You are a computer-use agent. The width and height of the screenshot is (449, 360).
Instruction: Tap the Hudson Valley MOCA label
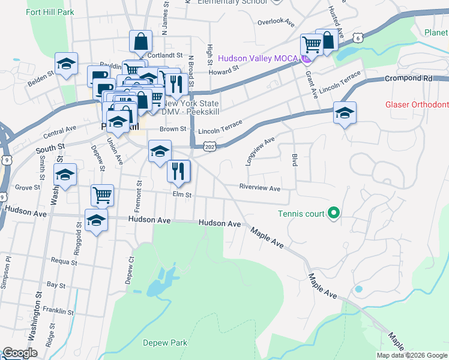click(x=259, y=58)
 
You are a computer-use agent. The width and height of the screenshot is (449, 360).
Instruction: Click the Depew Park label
click(x=165, y=343)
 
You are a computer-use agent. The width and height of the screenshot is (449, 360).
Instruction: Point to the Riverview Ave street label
click(x=260, y=188)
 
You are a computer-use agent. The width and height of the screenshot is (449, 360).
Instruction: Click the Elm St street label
click(x=181, y=194)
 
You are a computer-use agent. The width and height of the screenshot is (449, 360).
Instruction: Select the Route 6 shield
click(x=358, y=38)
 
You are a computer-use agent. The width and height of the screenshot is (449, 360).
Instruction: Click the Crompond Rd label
click(x=409, y=78)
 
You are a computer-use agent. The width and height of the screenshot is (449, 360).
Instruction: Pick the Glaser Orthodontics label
click(x=417, y=104)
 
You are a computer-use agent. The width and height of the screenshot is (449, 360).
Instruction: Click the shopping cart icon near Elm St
click(x=102, y=194)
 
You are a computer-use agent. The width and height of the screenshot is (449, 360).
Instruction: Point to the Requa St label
click(x=64, y=262)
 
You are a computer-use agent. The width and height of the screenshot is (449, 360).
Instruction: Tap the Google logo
click(x=20, y=353)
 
